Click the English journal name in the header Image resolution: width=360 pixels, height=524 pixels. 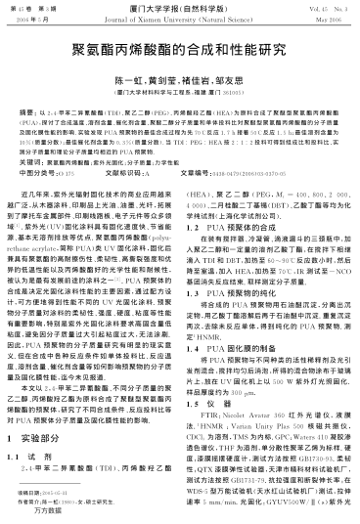click(x=179, y=18)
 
